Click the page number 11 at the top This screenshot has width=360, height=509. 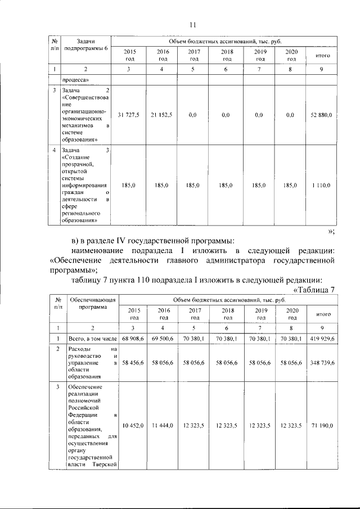tap(192, 24)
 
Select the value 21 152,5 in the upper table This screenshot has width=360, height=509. tap(163, 115)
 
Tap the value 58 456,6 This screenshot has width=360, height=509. tap(134, 364)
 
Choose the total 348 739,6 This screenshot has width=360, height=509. tap(322, 364)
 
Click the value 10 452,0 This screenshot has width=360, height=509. tap(134, 425)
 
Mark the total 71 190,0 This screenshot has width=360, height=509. tap(322, 425)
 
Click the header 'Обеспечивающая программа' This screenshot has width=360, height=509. tap(93, 304)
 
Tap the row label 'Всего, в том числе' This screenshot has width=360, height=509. tap(93, 339)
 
